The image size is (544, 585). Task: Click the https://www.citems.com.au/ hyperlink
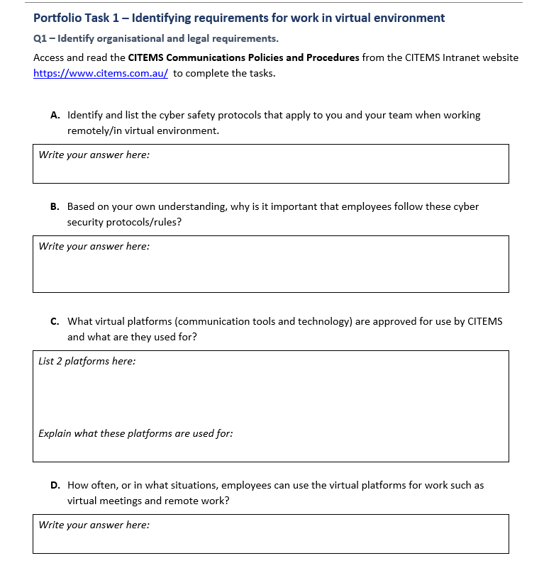(100, 73)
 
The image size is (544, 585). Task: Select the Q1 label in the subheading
(40, 38)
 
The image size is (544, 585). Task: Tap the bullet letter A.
(55, 115)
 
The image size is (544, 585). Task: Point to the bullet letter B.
(55, 207)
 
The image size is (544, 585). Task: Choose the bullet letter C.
(55, 321)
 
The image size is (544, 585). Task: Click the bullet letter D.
(55, 486)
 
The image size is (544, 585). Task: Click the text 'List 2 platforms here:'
(87, 361)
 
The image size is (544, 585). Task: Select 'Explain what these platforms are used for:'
(135, 433)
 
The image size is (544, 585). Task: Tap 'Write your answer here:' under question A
(94, 155)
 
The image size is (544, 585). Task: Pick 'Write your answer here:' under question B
(94, 246)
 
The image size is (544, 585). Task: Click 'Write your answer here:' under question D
(94, 525)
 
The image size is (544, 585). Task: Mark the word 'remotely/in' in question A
(94, 130)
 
